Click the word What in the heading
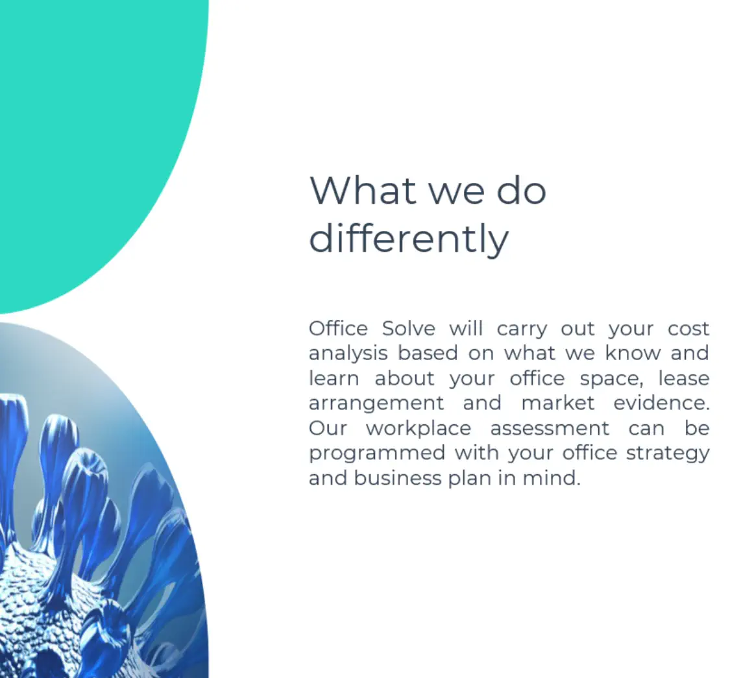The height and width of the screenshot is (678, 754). [x=363, y=190]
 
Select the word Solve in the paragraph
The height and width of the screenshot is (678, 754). [x=409, y=329]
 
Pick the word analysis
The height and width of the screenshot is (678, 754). [x=348, y=354]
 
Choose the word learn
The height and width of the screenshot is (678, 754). [x=334, y=378]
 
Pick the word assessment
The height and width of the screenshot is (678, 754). [x=550, y=429]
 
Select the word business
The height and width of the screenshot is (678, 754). [x=398, y=478]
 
